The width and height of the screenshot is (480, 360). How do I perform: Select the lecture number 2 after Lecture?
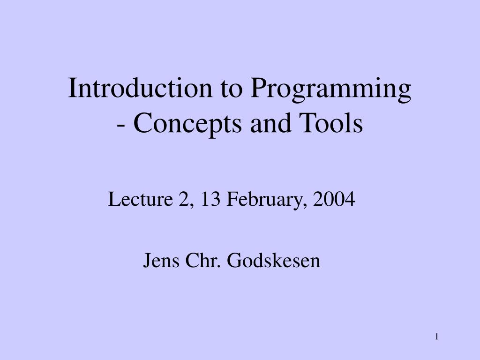point(183,200)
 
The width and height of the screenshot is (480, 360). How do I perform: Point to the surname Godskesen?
point(274,260)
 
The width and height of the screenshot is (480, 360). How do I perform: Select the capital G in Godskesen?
point(233,260)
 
